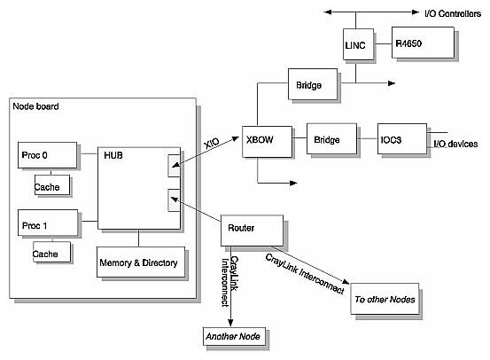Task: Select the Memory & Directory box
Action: point(139,262)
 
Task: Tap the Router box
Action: point(252,229)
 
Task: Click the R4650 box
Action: point(424,41)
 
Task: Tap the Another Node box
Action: point(231,336)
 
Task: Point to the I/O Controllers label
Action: point(447,13)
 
